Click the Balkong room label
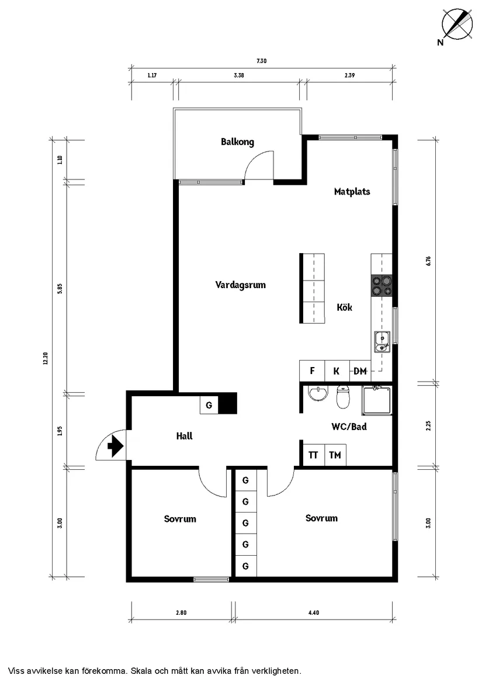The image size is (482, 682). (x=237, y=142)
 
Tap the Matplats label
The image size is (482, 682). (x=352, y=192)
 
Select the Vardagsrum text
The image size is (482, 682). (x=241, y=285)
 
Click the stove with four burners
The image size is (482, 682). (x=382, y=285)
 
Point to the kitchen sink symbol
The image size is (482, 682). (x=382, y=342)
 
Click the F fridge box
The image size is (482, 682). (x=312, y=371)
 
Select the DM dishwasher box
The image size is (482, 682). (x=360, y=371)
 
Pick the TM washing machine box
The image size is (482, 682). (x=335, y=455)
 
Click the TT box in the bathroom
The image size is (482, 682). (x=313, y=455)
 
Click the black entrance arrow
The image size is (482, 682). (x=115, y=447)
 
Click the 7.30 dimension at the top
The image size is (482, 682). (x=261, y=61)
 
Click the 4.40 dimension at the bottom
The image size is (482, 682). (x=313, y=613)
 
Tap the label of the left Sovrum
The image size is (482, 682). (x=180, y=519)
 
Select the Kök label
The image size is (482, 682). (x=345, y=307)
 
